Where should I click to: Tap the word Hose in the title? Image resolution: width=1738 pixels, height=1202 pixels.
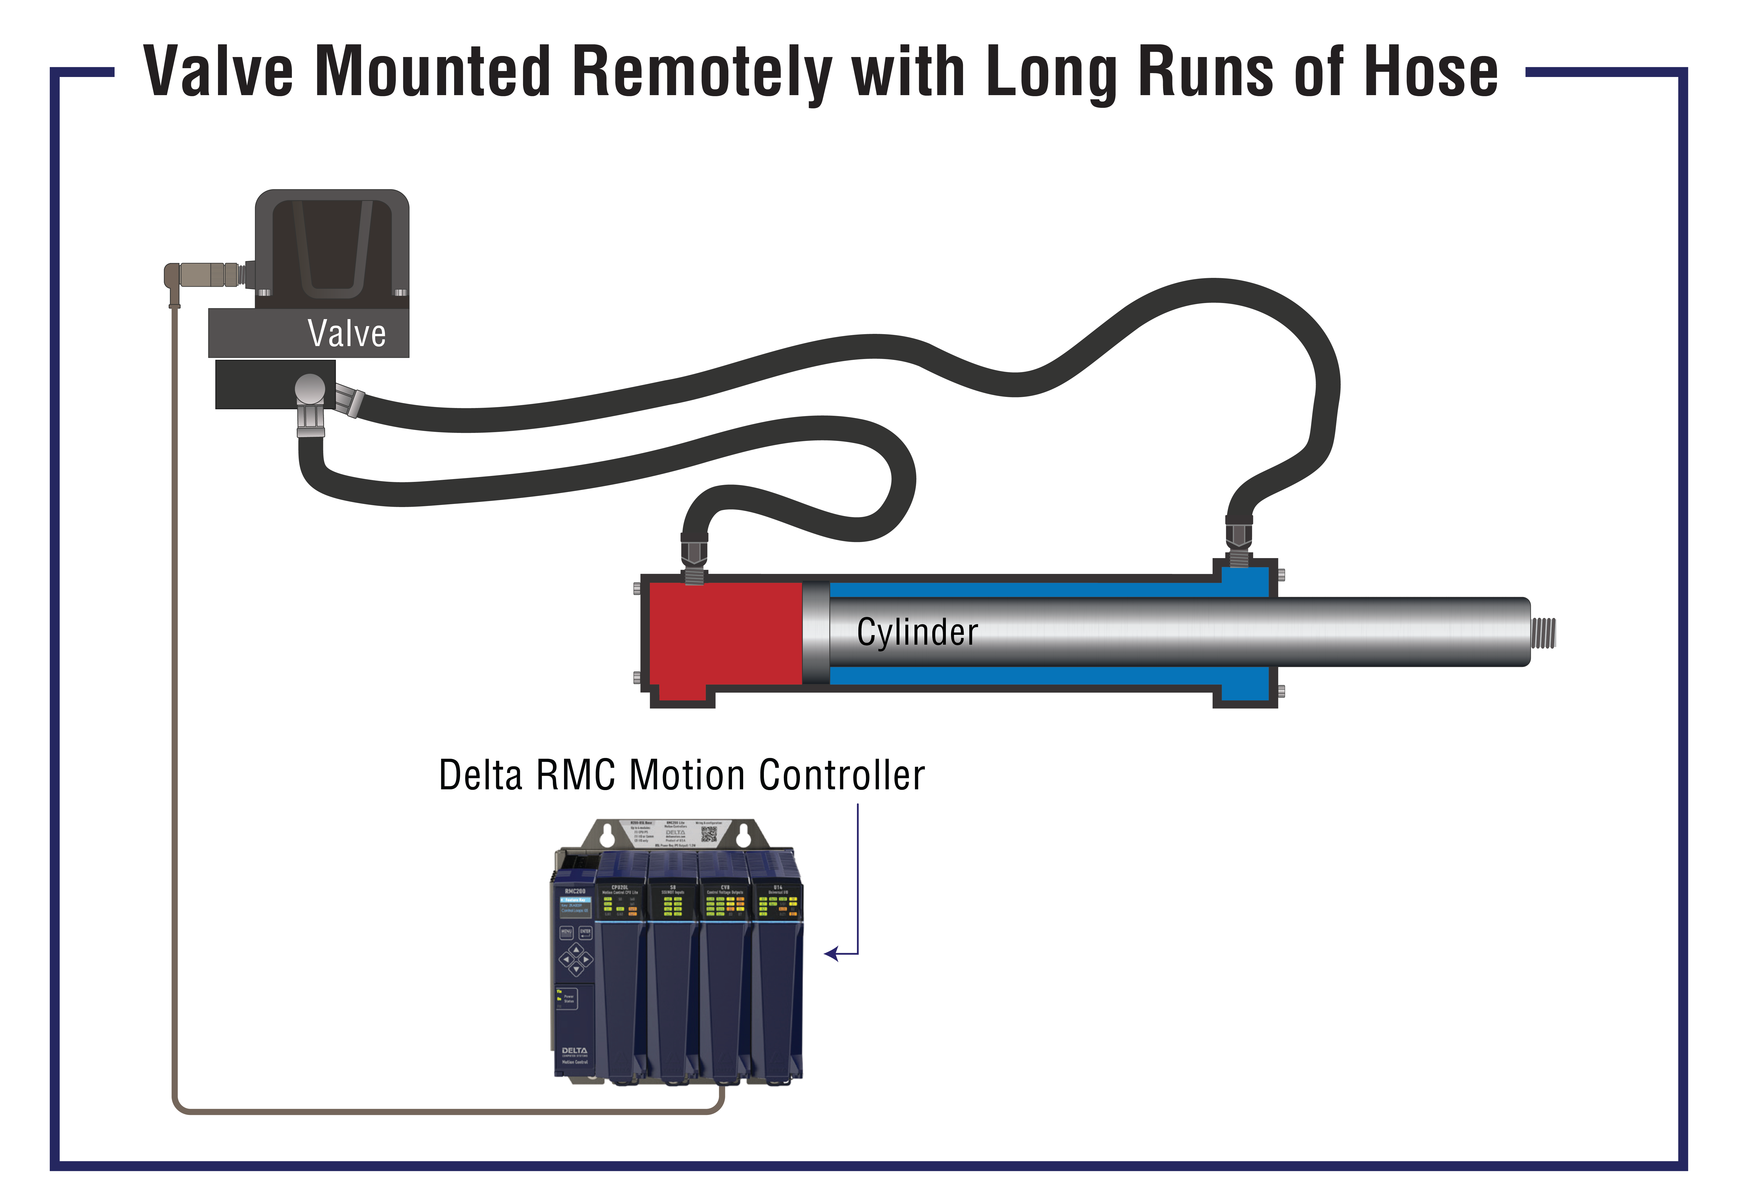(1431, 72)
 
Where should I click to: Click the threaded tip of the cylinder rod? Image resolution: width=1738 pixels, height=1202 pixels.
(1544, 633)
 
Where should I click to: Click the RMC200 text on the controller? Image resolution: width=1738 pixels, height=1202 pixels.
(575, 891)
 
